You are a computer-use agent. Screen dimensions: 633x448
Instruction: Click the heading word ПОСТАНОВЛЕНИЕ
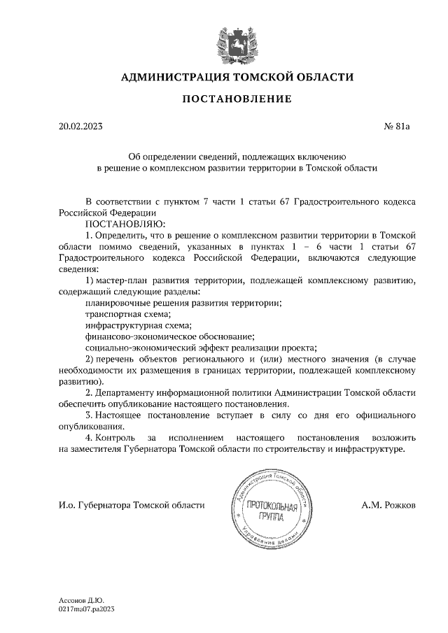click(237, 99)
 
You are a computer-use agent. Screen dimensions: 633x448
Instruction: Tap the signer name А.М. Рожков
click(388, 504)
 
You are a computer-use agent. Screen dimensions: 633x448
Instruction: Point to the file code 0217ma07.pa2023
click(86, 609)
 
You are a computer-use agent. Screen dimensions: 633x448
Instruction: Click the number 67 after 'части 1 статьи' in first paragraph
click(284, 201)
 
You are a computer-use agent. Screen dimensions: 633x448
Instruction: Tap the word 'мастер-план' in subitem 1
click(123, 280)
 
